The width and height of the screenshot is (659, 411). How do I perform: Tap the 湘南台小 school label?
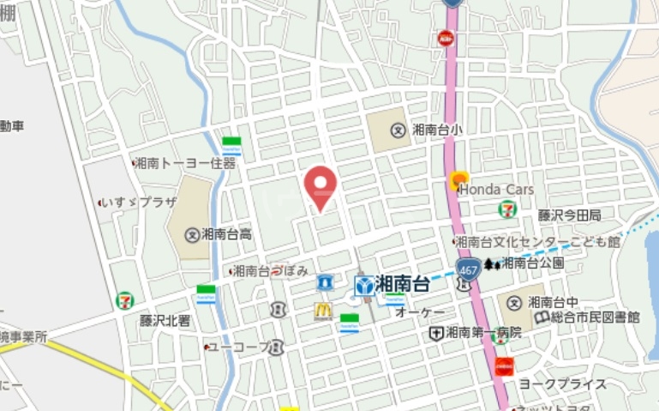pyautogui.click(x=436, y=130)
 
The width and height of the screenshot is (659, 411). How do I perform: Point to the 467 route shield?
pyautogui.click(x=467, y=269)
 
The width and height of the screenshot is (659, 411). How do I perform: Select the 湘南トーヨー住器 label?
pyautogui.click(x=185, y=162)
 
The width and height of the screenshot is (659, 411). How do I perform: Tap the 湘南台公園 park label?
pyautogui.click(x=532, y=263)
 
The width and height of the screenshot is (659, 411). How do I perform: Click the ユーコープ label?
pyautogui.click(x=238, y=347)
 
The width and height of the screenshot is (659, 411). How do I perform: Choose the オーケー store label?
pyautogui.click(x=420, y=313)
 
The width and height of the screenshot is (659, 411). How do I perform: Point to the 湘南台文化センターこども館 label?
pyautogui.click(x=536, y=242)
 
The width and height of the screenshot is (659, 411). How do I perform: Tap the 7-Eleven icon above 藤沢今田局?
pyautogui.click(x=507, y=208)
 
